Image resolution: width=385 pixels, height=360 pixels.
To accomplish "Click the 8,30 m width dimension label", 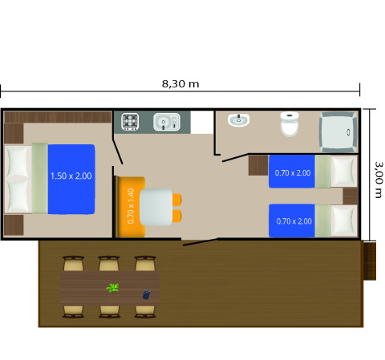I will pos(180,83).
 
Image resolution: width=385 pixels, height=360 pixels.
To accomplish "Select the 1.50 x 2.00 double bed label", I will pos(71,176).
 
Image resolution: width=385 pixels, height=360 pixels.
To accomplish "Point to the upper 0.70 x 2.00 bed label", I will pos(293,172).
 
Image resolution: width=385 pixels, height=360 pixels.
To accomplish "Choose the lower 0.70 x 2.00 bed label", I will pos(293,221).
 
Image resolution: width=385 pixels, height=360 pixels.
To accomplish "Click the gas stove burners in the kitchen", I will pos(131,122).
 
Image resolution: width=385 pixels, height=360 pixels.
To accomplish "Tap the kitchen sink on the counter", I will pos(166,123).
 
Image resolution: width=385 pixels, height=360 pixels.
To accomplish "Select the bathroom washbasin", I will pos(239,120).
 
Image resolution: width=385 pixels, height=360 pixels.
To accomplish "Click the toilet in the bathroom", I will pos(290,124).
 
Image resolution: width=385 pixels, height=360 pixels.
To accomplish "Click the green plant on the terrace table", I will pos(113,287).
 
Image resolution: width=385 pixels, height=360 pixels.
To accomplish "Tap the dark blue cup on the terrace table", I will pos(146,295).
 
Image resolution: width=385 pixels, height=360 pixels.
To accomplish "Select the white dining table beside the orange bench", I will pos(156,207).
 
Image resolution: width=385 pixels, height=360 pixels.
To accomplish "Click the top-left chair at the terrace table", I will pos(73,265).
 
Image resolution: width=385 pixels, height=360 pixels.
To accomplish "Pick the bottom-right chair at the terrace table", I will pos(145,311).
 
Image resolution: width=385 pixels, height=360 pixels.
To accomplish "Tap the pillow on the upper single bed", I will pos(344,171).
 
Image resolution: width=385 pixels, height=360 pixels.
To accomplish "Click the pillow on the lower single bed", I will pos(344,220).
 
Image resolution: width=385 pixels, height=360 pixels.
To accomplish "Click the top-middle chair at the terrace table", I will pos(109,265).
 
